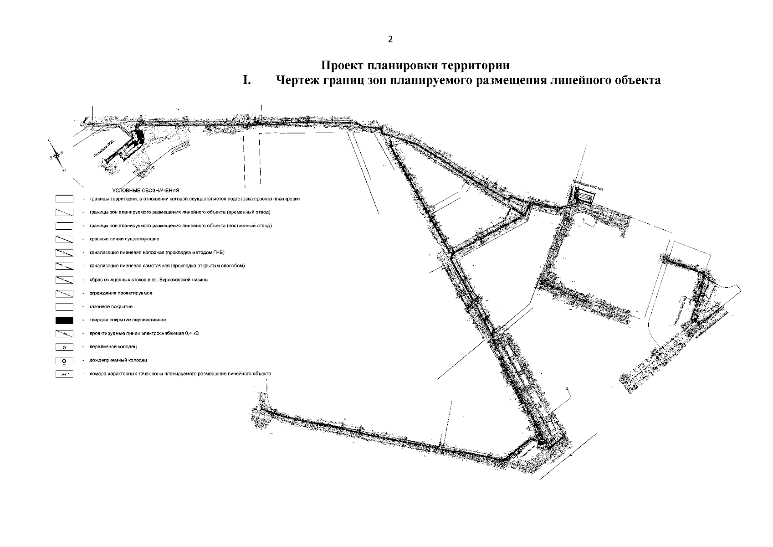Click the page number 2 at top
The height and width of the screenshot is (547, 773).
pos(390,39)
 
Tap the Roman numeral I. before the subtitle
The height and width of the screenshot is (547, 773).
pos(246,81)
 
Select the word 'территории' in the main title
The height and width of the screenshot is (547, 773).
pos(477,66)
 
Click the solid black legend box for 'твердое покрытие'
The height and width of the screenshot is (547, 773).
pos(64,320)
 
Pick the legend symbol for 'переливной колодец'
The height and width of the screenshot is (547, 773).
pos(64,347)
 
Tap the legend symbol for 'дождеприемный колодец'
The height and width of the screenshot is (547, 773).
pos(64,361)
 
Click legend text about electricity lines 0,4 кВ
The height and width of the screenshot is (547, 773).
pos(144,333)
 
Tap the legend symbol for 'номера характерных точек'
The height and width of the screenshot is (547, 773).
pos(64,374)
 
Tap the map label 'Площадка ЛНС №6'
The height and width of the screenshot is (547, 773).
pos(588,187)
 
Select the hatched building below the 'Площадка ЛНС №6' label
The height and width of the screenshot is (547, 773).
pos(584,196)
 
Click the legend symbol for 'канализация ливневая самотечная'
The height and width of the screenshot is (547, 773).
pos(64,266)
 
